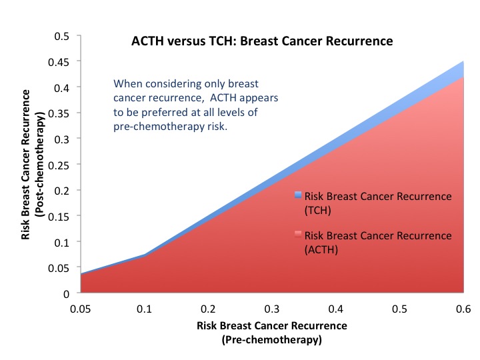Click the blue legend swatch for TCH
pos(298,196)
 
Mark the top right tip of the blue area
pos(463,62)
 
